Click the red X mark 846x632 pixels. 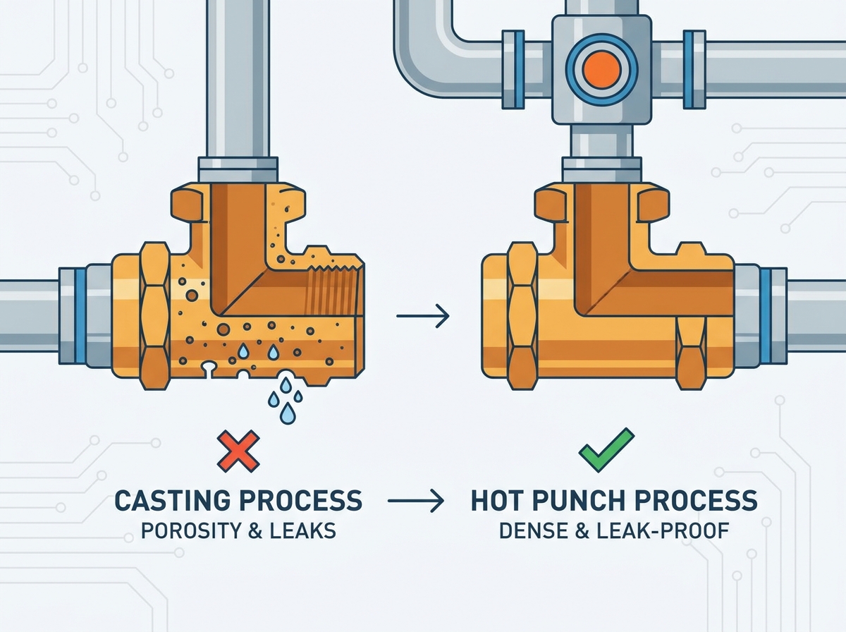click(238, 451)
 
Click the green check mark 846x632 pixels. click(606, 450)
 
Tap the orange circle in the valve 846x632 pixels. click(601, 70)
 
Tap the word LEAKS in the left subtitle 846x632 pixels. click(302, 531)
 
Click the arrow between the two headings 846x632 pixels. click(416, 501)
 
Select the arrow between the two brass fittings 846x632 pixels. click(423, 316)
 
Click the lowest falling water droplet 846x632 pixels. click(288, 414)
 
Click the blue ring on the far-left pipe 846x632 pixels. click(80, 316)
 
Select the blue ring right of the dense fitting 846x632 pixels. click(765, 316)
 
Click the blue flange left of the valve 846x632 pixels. click(513, 69)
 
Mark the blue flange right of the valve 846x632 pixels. click(694, 69)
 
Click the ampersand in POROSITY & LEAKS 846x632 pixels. click(254, 531)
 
